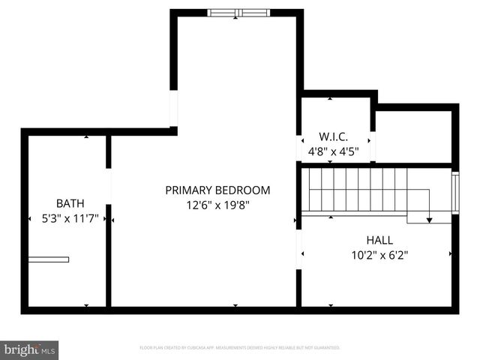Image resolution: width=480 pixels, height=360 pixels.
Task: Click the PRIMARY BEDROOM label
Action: click(217, 190)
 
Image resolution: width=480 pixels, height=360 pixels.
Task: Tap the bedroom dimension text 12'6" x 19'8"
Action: click(217, 205)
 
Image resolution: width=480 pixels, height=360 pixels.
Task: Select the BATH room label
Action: click(70, 203)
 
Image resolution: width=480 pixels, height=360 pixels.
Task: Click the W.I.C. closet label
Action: click(334, 137)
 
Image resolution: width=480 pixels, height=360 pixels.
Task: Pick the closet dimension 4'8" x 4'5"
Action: click(334, 151)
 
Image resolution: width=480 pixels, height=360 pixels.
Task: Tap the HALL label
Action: click(379, 240)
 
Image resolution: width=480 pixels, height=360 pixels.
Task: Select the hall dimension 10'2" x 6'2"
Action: click(379, 255)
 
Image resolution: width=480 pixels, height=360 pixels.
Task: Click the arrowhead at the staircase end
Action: click(430, 220)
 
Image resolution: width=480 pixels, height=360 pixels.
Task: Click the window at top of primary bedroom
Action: click(238, 13)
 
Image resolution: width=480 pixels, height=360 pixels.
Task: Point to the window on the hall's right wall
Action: click(454, 193)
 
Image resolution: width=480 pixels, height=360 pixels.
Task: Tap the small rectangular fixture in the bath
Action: click(49, 259)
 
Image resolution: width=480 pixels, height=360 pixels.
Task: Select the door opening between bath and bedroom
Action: click(109, 187)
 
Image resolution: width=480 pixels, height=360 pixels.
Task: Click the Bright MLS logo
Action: click(30, 349)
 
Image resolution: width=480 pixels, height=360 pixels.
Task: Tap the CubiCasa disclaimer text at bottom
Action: click(240, 348)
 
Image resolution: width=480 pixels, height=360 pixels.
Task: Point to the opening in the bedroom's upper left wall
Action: click(174, 109)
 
